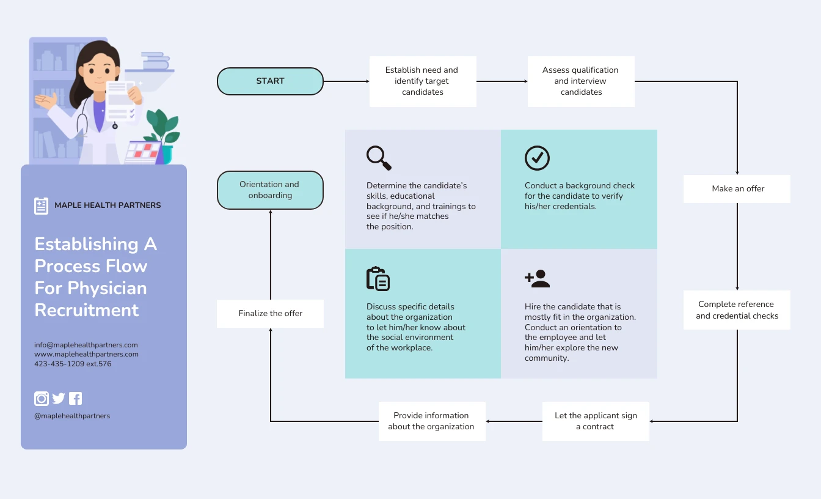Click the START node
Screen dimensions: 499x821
(x=270, y=81)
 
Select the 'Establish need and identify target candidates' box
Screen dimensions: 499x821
(x=422, y=81)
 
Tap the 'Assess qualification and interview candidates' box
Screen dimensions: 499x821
(x=581, y=81)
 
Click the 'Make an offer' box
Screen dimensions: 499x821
(x=737, y=189)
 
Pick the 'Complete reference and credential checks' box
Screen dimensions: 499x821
(x=737, y=310)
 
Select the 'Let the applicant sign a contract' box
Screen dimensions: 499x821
(x=596, y=421)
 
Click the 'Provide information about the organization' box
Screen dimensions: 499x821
(x=431, y=421)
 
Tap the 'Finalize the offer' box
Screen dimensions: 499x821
(x=270, y=314)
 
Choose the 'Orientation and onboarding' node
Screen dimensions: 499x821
(x=270, y=190)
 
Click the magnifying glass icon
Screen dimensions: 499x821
(x=379, y=158)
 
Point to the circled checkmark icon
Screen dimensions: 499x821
(x=537, y=158)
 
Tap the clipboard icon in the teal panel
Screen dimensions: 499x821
(x=378, y=279)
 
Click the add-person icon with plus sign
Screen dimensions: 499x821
(x=538, y=279)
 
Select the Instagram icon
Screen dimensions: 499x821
(x=41, y=399)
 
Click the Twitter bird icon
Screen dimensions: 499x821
(x=59, y=399)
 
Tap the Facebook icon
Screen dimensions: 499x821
(x=75, y=399)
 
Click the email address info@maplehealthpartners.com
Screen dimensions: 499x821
(x=86, y=345)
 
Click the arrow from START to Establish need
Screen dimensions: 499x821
(x=346, y=81)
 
